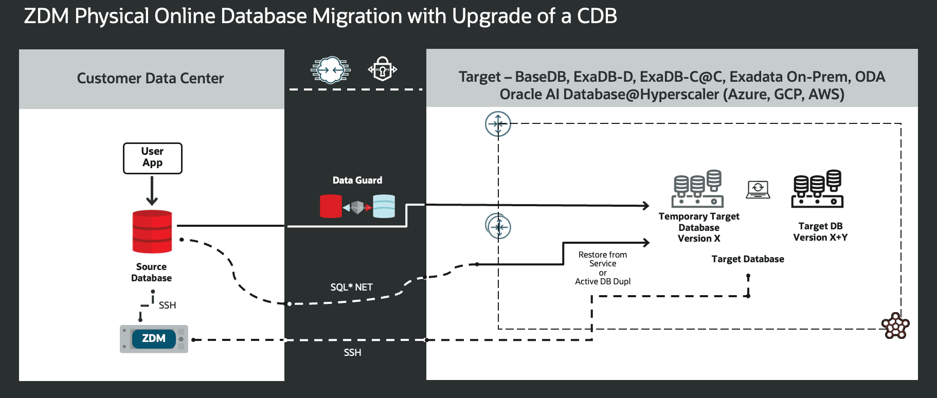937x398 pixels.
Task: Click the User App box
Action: click(x=153, y=158)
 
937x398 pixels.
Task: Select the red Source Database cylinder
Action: click(x=152, y=231)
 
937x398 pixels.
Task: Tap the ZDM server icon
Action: click(x=154, y=339)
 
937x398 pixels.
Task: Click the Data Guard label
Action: click(x=357, y=180)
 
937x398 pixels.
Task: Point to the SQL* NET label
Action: click(x=351, y=287)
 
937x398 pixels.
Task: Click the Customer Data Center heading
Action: click(x=150, y=78)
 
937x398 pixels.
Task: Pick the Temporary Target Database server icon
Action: click(x=698, y=189)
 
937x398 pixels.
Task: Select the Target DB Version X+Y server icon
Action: click(x=818, y=189)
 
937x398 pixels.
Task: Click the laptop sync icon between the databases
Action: click(x=758, y=189)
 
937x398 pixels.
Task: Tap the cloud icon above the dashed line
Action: click(x=330, y=69)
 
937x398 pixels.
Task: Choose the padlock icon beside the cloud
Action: click(x=383, y=69)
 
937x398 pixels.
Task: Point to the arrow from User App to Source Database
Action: click(x=152, y=190)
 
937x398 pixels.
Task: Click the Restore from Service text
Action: click(x=602, y=259)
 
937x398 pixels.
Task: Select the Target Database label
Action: click(x=748, y=259)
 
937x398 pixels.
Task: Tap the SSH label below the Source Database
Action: click(x=167, y=305)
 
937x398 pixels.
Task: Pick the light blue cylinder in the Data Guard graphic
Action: click(x=384, y=206)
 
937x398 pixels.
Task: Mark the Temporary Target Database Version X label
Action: click(x=699, y=227)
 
